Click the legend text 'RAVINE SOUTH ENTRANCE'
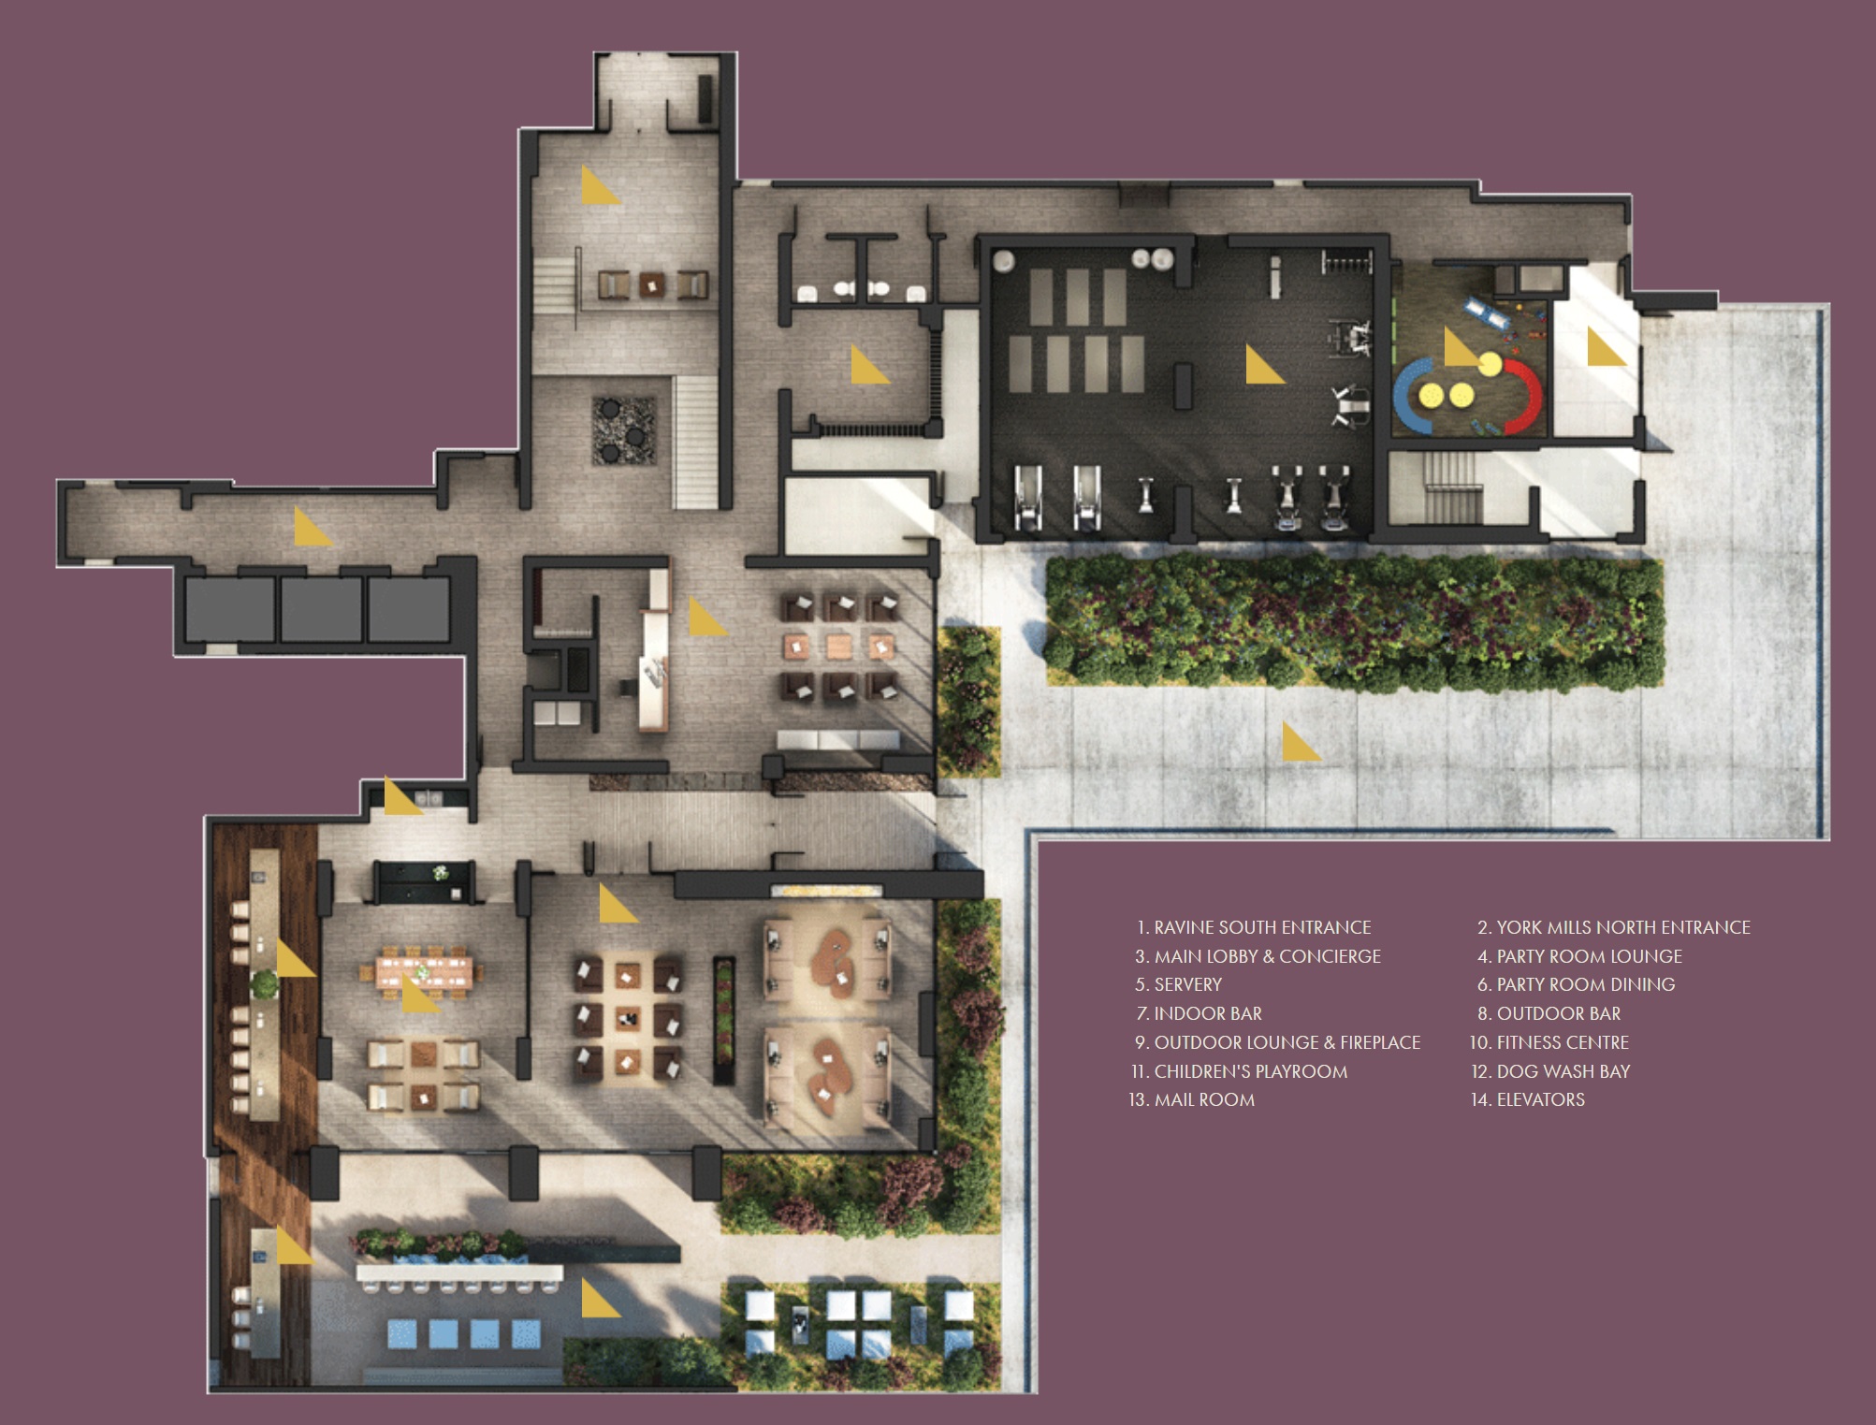(x=1262, y=927)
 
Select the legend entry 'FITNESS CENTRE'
(x=1563, y=1042)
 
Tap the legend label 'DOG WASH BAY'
(x=1563, y=1071)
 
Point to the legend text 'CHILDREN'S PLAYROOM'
(x=1251, y=1071)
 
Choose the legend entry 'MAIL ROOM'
(x=1204, y=1100)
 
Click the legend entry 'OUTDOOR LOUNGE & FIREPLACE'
(x=1287, y=1042)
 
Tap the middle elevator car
(x=321, y=609)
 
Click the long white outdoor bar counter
(x=459, y=1273)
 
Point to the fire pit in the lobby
(x=623, y=429)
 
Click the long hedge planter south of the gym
(x=1354, y=621)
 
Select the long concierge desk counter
(x=655, y=655)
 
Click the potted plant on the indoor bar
(x=265, y=983)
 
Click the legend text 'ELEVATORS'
(x=1541, y=1100)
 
